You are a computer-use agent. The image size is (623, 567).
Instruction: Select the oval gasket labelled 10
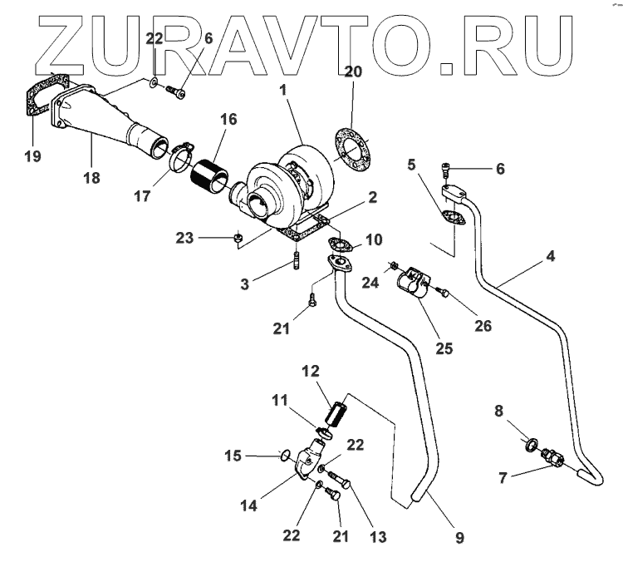pos(341,244)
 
